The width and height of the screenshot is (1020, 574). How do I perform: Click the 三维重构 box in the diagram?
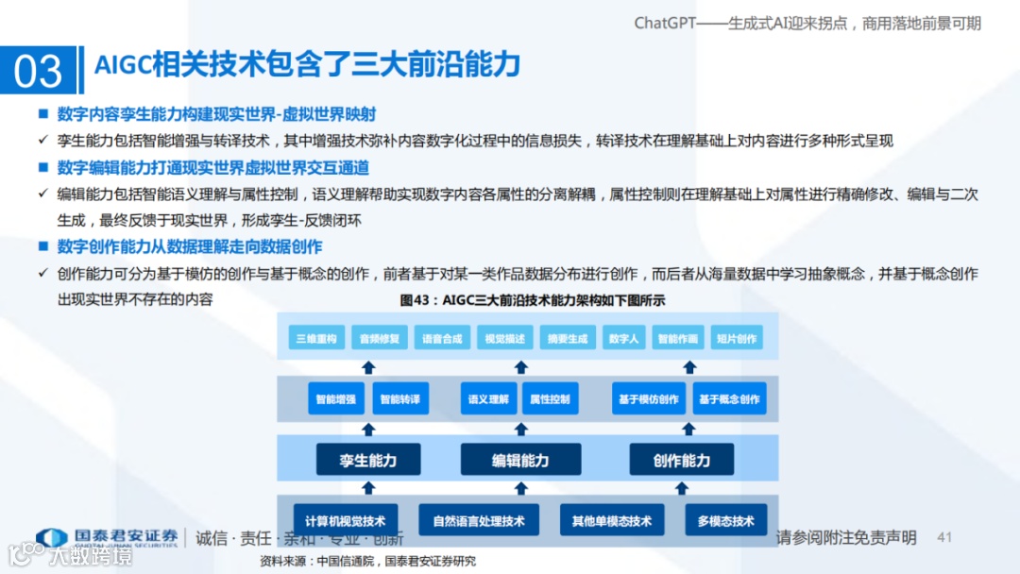point(315,339)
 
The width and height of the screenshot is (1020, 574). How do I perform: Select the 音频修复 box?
point(379,339)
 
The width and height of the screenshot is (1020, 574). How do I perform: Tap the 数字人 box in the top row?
point(624,339)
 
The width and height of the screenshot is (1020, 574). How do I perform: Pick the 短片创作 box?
point(736,339)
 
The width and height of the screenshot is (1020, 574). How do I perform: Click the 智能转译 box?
point(399,399)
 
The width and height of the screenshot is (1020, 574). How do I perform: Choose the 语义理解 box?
point(488,399)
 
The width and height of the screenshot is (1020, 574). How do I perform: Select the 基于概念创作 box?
point(729,399)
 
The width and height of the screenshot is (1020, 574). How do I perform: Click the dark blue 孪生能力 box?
point(368,460)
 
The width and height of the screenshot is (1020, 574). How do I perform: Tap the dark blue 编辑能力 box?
point(520,460)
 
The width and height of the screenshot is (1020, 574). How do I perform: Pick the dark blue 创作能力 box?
point(682,460)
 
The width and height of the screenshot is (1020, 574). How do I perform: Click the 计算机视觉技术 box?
point(346,520)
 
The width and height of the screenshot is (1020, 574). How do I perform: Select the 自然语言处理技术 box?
point(479,520)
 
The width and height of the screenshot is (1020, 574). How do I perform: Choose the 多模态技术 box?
point(726,520)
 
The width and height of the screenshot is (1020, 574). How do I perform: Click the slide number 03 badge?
point(38,71)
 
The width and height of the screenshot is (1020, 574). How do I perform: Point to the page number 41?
point(944,537)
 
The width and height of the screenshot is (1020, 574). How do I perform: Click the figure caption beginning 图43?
point(534,301)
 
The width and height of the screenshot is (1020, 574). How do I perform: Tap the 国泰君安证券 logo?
point(107,537)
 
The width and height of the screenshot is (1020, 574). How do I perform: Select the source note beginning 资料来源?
point(367,561)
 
